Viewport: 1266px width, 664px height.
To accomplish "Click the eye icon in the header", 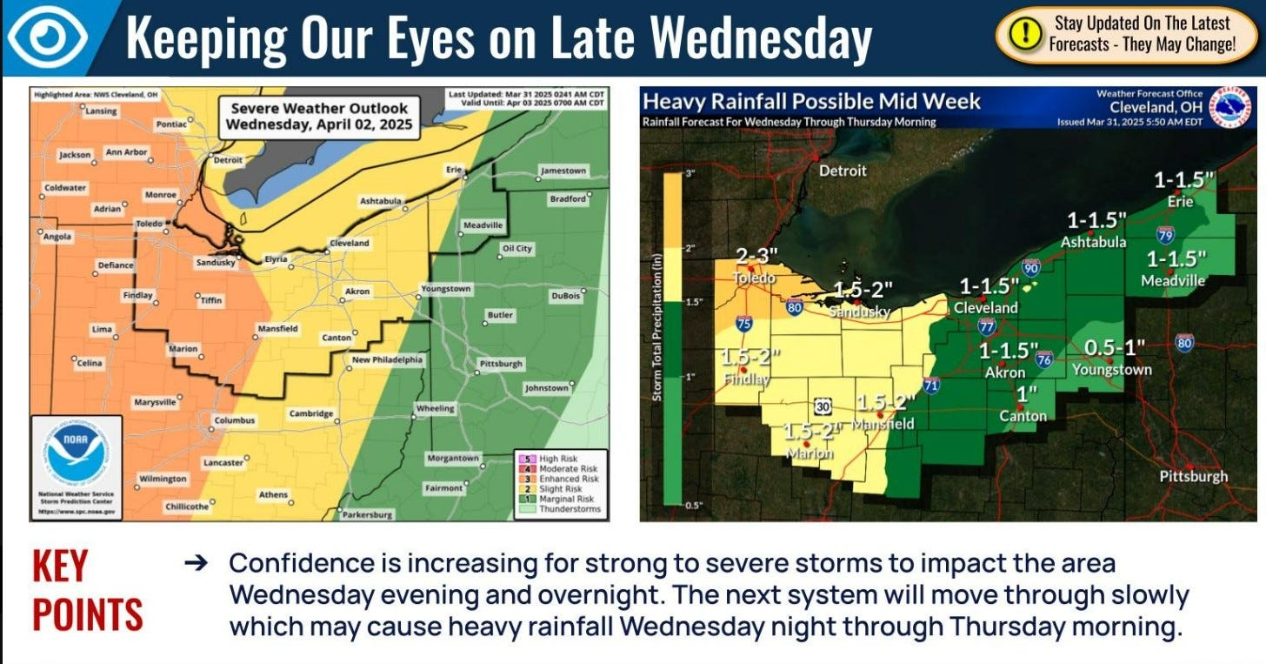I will [50, 37].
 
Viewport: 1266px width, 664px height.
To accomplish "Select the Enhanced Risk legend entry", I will [569, 479].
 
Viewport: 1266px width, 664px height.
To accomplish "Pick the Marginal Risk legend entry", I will [567, 499].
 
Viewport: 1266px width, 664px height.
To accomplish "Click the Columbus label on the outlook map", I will [236, 420].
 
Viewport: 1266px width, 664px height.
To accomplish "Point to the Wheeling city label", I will [435, 408].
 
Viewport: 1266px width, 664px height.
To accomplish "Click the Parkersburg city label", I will [368, 514].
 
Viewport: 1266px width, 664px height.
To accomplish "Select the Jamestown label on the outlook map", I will [563, 171].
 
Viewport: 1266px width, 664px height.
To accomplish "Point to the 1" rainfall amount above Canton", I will [1027, 394].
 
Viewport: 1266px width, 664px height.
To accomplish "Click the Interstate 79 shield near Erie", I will [1165, 234].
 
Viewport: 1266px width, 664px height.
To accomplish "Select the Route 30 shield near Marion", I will [823, 406].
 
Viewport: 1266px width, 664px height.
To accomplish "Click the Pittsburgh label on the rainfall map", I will [1194, 476].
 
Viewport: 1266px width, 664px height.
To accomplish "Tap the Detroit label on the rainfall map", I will [843, 171].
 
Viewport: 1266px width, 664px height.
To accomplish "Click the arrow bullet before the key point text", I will [197, 563].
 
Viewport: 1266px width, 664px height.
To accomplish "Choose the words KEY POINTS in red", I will [87, 590].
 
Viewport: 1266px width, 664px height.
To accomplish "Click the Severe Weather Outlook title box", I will [318, 116].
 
